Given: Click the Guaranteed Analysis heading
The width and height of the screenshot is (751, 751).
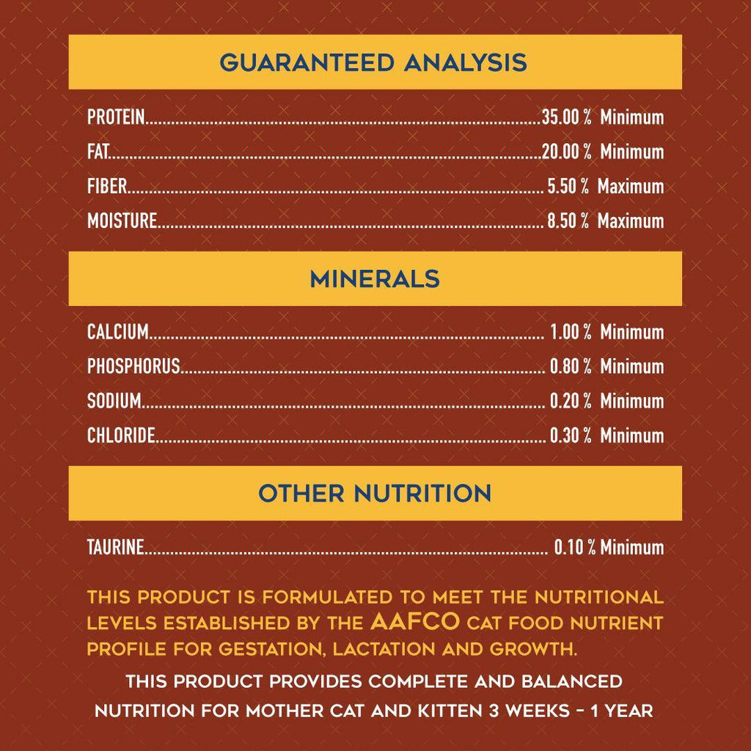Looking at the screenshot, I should tap(373, 62).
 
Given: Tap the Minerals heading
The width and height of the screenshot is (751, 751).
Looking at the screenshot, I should tap(375, 279).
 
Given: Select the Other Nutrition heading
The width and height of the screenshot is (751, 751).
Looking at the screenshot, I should tap(375, 494).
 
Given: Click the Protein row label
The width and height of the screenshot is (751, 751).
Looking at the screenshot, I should tap(116, 117).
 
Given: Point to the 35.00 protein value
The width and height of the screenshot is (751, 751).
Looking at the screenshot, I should tap(561, 117).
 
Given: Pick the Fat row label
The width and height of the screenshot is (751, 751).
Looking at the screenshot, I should tap(98, 152).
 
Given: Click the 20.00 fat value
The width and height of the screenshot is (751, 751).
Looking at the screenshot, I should tap(561, 152).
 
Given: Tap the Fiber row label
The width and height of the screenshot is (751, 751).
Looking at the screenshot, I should tap(107, 186).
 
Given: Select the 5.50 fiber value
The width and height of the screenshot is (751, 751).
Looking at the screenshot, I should tap(563, 186).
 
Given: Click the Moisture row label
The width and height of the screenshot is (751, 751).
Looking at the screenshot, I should tap(122, 221).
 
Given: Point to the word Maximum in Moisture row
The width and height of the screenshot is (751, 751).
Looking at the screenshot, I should tap(631, 221).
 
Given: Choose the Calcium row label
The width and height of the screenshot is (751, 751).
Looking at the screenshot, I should tap(118, 332).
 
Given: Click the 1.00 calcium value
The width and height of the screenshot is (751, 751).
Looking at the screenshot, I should tap(565, 332).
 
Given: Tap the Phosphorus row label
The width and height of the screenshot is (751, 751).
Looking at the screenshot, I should tap(133, 367).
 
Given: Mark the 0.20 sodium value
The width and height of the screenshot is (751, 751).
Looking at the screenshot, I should tap(565, 401).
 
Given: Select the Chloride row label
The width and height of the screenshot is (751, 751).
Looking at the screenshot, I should tap(121, 436).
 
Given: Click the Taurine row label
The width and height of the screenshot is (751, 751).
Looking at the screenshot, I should tap(115, 547).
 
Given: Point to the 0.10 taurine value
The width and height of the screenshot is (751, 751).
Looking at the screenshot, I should tap(568, 547).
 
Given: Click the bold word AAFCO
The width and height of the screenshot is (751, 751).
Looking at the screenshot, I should tap(415, 623).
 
